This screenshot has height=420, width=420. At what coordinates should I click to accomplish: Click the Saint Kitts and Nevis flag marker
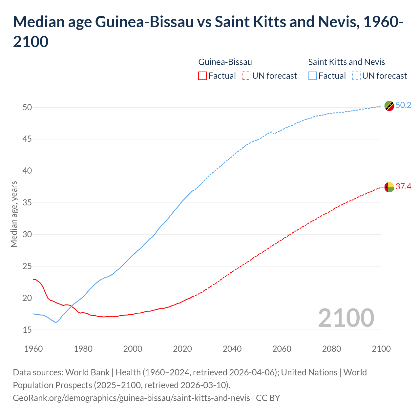(389, 106)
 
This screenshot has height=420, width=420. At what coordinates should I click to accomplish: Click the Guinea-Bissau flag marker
(389, 187)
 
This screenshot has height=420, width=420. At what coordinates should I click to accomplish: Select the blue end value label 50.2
(403, 105)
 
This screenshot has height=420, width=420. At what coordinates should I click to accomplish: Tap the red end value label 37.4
(403, 186)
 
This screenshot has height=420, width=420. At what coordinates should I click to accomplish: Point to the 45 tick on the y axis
(27, 139)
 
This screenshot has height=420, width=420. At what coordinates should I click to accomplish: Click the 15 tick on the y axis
(27, 330)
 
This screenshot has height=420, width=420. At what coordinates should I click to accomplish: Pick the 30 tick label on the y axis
(27, 234)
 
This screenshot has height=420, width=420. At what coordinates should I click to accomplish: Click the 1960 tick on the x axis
(33, 348)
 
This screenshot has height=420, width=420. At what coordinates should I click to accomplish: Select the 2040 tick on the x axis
(232, 348)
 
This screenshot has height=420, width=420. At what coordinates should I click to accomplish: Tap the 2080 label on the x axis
(331, 348)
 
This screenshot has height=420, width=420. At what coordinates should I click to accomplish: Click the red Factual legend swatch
(202, 76)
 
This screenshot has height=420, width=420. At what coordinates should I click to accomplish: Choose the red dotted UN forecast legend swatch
(246, 76)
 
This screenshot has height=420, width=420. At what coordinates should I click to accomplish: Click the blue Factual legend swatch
(312, 76)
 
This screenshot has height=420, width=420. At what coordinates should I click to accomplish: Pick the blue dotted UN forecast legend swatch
(356, 76)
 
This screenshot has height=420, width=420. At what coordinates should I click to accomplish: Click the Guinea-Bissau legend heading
(225, 62)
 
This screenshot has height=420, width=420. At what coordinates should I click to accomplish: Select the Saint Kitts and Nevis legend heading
(346, 62)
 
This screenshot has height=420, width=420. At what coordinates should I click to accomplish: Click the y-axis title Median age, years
(14, 214)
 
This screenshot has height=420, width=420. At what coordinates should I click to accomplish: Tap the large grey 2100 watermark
(346, 318)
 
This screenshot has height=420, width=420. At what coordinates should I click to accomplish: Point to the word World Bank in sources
(87, 372)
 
